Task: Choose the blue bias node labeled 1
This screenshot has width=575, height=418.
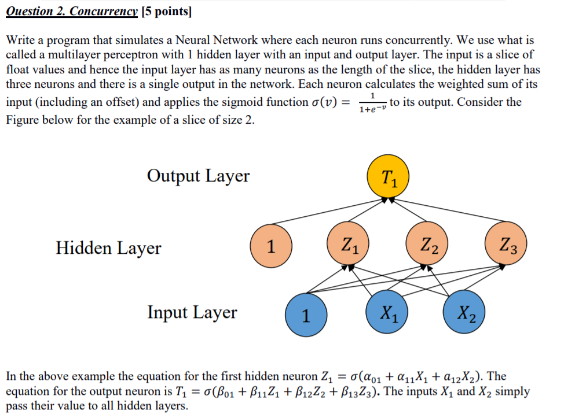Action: [x=306, y=315]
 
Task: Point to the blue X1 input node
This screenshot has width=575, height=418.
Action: [x=387, y=315]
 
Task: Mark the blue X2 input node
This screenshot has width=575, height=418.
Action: [x=464, y=315]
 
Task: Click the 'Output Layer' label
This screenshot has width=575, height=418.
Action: [x=198, y=176]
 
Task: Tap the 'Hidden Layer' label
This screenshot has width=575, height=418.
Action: [x=108, y=248]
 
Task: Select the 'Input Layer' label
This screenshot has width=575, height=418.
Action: [x=192, y=312]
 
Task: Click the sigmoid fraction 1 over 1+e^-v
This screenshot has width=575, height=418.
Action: [x=372, y=103]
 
